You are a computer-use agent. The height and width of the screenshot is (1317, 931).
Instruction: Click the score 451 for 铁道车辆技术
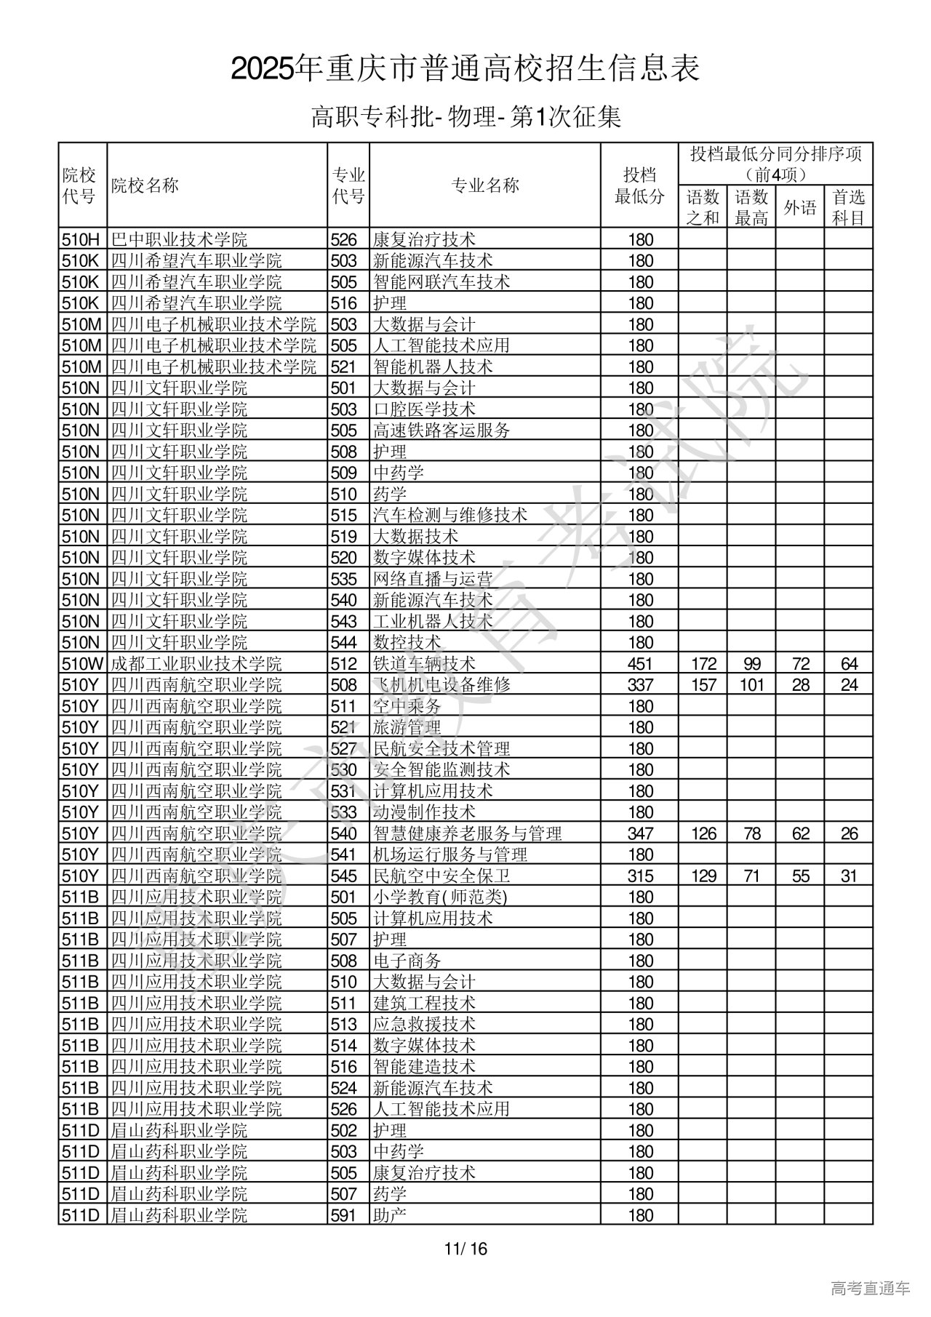pyautogui.click(x=640, y=664)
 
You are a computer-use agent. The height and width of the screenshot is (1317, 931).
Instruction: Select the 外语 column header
pyautogui.click(x=800, y=208)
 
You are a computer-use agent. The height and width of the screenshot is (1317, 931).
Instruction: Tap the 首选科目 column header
pyautogui.click(x=849, y=207)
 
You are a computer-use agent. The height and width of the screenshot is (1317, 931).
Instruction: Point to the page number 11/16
pyautogui.click(x=465, y=1249)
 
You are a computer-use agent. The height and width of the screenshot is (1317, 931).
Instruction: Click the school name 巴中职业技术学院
pyautogui.click(x=179, y=239)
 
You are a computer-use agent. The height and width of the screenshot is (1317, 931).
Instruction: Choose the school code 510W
pyautogui.click(x=83, y=664)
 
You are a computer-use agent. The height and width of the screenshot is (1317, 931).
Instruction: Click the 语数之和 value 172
pyautogui.click(x=703, y=664)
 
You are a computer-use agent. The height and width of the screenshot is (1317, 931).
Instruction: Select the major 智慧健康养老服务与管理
pyautogui.click(x=467, y=833)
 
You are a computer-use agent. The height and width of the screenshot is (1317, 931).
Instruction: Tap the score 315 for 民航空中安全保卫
pyautogui.click(x=640, y=876)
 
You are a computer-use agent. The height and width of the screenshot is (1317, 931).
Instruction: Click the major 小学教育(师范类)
pyautogui.click(x=440, y=897)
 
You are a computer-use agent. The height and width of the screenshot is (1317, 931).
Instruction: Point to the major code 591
pyautogui.click(x=344, y=1215)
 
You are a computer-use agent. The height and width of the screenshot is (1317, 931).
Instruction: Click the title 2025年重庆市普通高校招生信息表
pyautogui.click(x=465, y=69)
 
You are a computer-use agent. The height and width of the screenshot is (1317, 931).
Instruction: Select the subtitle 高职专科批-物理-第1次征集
pyautogui.click(x=465, y=117)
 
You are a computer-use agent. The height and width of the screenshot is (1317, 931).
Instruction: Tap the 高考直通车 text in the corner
pyautogui.click(x=870, y=1288)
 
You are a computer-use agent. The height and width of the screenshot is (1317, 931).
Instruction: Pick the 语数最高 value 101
pyautogui.click(x=751, y=685)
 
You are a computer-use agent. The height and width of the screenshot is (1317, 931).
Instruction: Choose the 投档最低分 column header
pyautogui.click(x=639, y=185)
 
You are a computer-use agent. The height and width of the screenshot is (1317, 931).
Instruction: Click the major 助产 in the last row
pyautogui.click(x=390, y=1215)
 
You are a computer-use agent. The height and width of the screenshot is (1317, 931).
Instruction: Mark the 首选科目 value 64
pyautogui.click(x=849, y=664)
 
